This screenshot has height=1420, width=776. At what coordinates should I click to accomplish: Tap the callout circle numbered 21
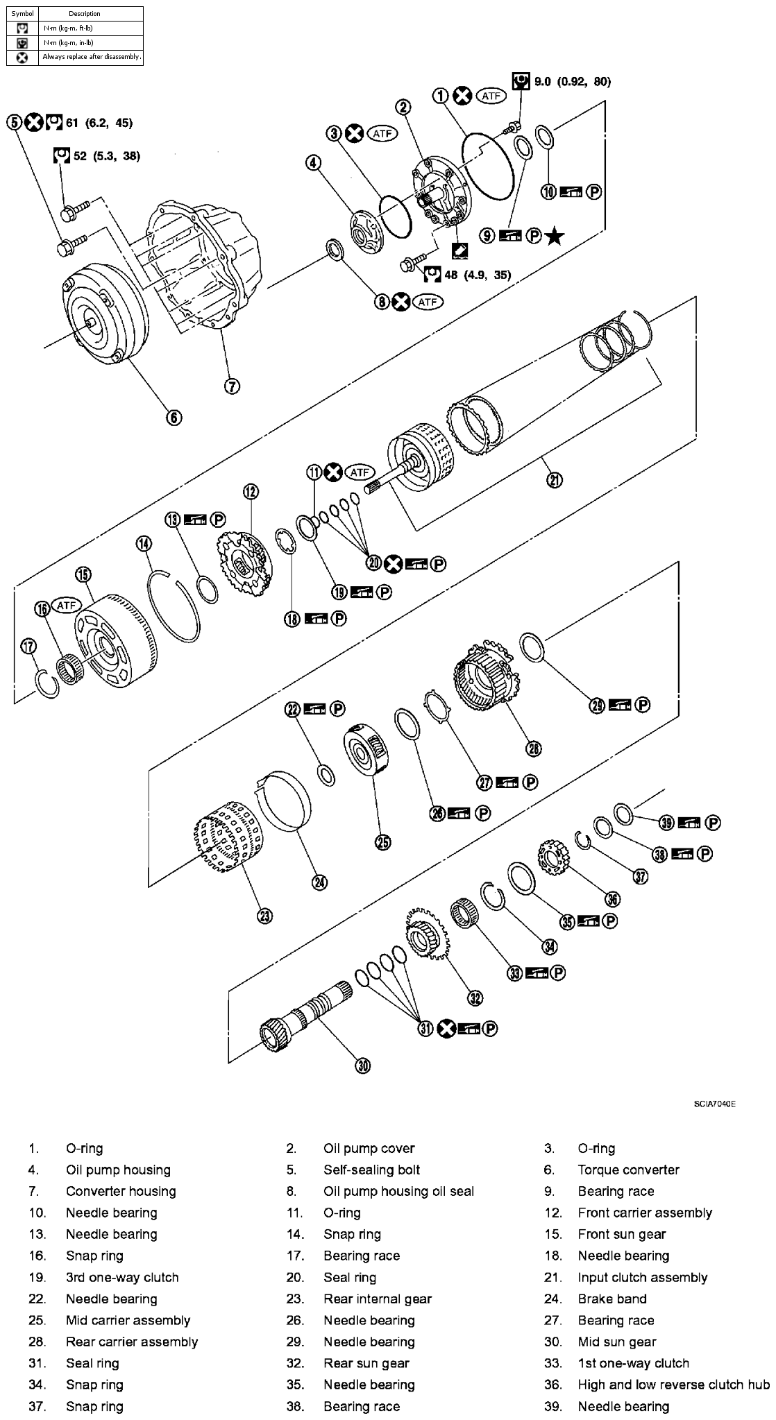coord(555,479)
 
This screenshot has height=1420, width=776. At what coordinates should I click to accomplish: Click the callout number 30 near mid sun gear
coord(362,1066)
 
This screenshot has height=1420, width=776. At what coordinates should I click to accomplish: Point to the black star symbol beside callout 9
coord(555,237)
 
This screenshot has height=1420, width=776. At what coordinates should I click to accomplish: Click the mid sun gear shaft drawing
coord(305,1013)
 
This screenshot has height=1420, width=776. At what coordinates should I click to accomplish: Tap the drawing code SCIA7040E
coord(714,1104)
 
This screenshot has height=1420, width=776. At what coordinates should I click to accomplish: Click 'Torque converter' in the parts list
coord(628,1170)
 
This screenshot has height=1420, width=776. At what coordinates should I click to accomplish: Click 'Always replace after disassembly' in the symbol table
coord(91,57)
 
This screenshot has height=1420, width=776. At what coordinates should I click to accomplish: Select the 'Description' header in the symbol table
coord(85,13)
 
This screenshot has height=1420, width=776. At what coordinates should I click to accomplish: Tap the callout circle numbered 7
coord(231,386)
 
